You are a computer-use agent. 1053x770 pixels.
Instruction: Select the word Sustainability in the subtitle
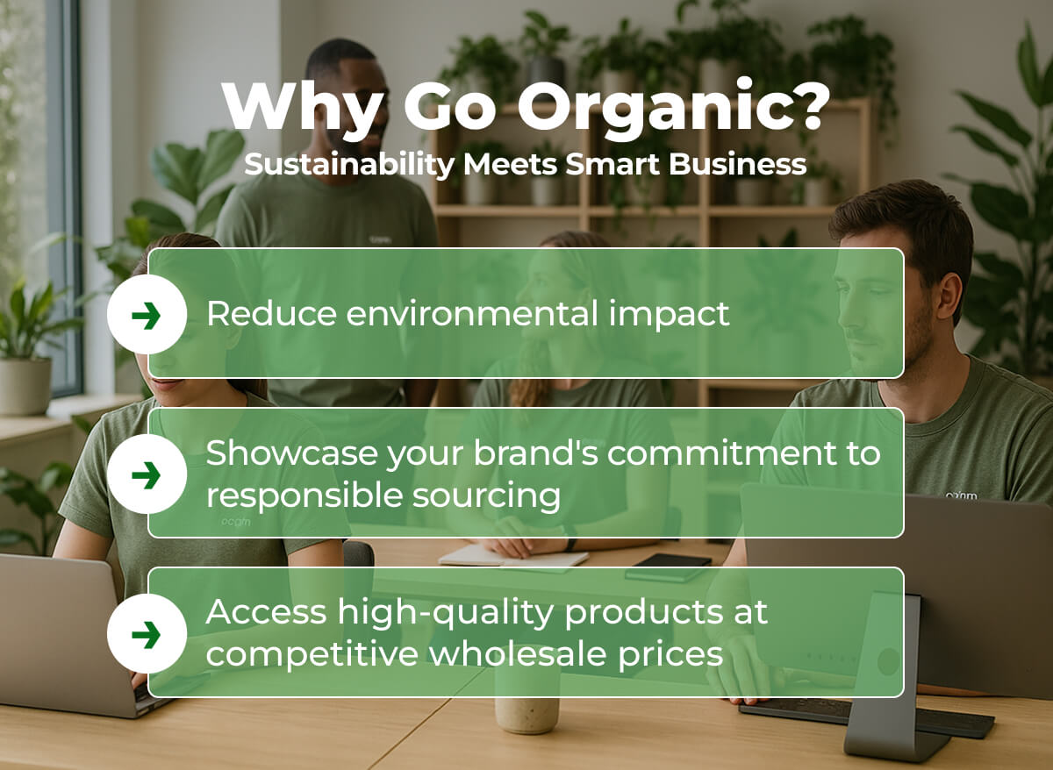(349, 165)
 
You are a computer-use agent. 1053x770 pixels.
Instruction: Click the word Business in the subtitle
(738, 164)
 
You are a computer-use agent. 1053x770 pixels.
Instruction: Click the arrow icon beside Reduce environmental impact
(147, 316)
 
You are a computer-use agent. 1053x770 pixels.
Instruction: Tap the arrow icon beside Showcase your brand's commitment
(147, 475)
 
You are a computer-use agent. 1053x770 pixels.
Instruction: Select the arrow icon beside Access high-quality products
(147, 635)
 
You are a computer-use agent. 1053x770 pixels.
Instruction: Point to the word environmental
(472, 314)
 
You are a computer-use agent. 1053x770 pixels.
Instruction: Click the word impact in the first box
(669, 315)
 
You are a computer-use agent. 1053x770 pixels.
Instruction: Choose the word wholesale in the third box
(517, 654)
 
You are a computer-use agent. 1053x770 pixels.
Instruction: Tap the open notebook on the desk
(512, 557)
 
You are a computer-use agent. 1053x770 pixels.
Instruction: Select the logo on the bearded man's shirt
(962, 496)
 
